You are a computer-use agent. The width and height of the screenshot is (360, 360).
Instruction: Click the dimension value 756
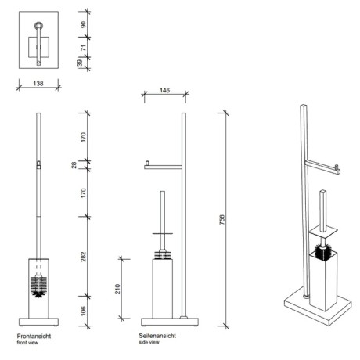tap(221, 220)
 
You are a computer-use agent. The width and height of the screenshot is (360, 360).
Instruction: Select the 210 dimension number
tap(117, 289)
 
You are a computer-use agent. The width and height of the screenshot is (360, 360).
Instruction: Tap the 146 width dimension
tap(164, 90)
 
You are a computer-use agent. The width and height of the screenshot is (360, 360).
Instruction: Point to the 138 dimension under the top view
tap(38, 84)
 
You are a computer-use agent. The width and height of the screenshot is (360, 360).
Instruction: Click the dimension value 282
tap(83, 257)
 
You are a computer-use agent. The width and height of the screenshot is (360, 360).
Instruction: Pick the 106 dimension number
tap(83, 311)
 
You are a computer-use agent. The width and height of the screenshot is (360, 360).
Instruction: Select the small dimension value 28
tap(74, 165)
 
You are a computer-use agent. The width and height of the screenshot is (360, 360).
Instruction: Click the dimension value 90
tap(83, 25)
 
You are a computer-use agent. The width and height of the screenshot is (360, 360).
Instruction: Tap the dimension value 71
tap(83, 48)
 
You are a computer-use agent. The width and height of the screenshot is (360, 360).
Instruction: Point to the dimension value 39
tap(80, 63)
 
